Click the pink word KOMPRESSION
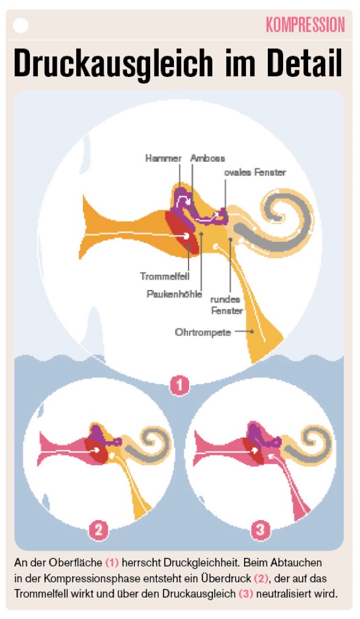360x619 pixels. click(305, 25)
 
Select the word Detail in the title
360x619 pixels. click(304, 63)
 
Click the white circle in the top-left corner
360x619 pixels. click(21, 25)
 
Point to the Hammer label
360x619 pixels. click(163, 158)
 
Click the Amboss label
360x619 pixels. click(207, 158)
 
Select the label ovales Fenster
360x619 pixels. click(255, 173)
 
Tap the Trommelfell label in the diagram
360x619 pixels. click(165, 276)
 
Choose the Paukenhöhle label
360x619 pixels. click(174, 294)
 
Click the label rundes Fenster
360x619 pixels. click(226, 305)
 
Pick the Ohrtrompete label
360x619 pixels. click(203, 333)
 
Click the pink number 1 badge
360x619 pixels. click(179, 385)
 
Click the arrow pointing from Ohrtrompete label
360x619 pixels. click(245, 332)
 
